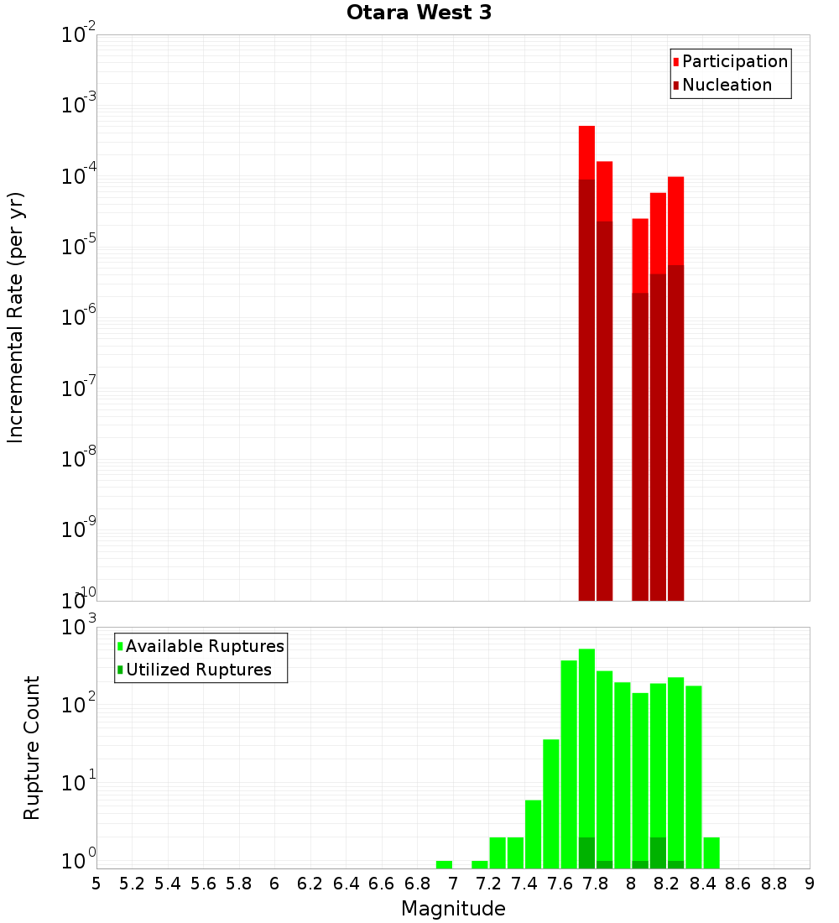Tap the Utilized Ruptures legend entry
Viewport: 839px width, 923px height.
(198, 670)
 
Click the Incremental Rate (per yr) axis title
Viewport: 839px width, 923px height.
(16, 317)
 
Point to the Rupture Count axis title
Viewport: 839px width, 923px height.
(32, 748)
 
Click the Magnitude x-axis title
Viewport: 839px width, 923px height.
(453, 909)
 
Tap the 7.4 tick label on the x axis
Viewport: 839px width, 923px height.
(524, 884)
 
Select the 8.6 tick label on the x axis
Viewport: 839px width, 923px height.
(738, 884)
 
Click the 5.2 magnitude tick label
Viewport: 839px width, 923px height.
(132, 884)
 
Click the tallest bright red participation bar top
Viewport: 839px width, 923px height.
(586, 128)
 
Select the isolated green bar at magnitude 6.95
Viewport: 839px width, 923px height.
(444, 864)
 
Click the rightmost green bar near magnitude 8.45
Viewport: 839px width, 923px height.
(711, 852)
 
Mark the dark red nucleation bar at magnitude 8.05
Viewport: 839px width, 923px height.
(640, 445)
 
